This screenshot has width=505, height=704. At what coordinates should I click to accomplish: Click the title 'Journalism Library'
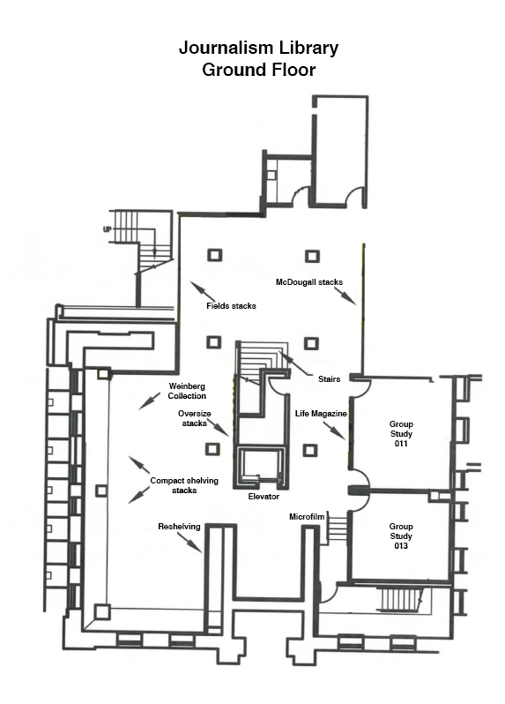[x=258, y=48]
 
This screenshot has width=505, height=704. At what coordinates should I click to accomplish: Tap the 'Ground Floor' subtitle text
[x=259, y=70]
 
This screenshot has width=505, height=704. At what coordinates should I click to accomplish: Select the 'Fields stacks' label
[x=231, y=306]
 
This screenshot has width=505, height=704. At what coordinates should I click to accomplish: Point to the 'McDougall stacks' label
[x=309, y=282]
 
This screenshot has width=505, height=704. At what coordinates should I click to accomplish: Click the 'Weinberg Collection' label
[x=187, y=391]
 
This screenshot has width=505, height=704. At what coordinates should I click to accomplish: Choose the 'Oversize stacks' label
[x=194, y=418]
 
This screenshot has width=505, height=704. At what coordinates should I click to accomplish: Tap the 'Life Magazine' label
[x=321, y=414]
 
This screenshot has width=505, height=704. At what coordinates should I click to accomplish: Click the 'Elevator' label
[x=264, y=497]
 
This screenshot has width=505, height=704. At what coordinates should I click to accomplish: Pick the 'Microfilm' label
[x=307, y=517]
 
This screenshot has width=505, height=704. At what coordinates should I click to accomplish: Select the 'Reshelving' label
[x=179, y=526]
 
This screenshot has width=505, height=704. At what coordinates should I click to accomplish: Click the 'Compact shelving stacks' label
[x=184, y=485]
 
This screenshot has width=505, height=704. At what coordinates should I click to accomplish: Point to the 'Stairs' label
[x=330, y=379]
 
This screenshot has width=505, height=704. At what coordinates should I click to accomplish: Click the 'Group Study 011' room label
[x=401, y=434]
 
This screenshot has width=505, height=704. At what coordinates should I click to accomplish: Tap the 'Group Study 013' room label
[x=401, y=536]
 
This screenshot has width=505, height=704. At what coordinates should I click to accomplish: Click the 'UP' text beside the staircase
[x=108, y=229]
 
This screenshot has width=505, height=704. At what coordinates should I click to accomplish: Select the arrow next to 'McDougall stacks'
[x=345, y=296]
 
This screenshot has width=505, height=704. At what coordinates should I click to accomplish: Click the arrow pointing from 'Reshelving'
[x=187, y=542]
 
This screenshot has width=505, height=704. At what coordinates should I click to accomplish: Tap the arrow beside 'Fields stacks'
[x=203, y=291]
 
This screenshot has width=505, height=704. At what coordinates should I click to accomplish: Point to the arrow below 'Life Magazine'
[x=334, y=431]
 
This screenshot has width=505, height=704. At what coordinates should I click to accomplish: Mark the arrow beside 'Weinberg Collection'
[x=149, y=401]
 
